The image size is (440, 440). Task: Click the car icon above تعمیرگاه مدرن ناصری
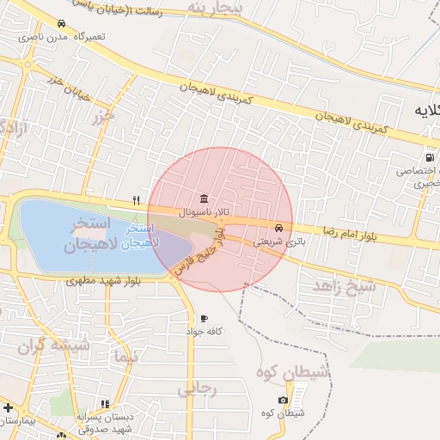pos(60,24)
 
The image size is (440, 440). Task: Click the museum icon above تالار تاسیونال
pos(203,197)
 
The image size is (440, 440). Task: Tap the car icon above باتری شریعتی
pos(278,229)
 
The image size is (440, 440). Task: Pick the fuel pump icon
pos(428,157)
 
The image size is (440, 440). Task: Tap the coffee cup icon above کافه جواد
pos(203,319)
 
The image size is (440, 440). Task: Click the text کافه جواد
pos(206,331)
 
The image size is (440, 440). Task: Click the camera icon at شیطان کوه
pos(284,400)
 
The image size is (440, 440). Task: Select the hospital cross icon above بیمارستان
pos(8,406)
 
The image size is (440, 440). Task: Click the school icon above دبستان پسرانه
pos(105,403)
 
